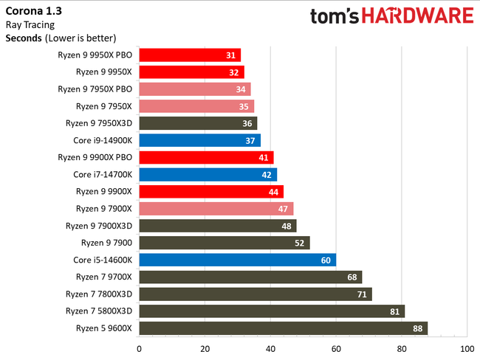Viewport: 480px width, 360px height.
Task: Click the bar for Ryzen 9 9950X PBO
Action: pyautogui.click(x=189, y=55)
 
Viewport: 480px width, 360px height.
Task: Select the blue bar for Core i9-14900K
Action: pyautogui.click(x=199, y=140)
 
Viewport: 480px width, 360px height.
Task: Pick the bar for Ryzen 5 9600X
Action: pyautogui.click(x=283, y=328)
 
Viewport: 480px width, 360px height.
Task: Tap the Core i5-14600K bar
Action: pyautogui.click(x=237, y=260)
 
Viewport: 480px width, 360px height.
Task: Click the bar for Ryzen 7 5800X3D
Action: pyautogui.click(x=271, y=311)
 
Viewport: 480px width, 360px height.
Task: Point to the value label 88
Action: pyautogui.click(x=417, y=328)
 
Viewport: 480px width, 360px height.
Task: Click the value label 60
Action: pyautogui.click(x=326, y=260)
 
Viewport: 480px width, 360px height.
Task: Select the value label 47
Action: pyautogui.click(x=283, y=209)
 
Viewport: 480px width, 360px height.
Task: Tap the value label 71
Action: pyautogui.click(x=361, y=294)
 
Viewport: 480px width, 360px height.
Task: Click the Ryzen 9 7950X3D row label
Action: pyautogui.click(x=98, y=123)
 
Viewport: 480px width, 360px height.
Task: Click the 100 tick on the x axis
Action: pyautogui.click(x=466, y=347)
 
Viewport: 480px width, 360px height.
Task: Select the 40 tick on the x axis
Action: pyautogui.click(x=270, y=347)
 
